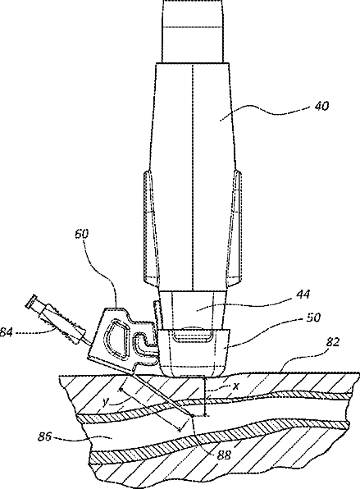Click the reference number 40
[x=321, y=107]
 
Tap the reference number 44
[x=303, y=294]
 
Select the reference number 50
[x=312, y=318]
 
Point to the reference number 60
[x=82, y=234]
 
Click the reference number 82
[x=331, y=342]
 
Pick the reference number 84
[x=6, y=332]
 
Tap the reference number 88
[x=223, y=455]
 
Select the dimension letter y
[x=105, y=403]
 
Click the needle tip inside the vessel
[x=192, y=416]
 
